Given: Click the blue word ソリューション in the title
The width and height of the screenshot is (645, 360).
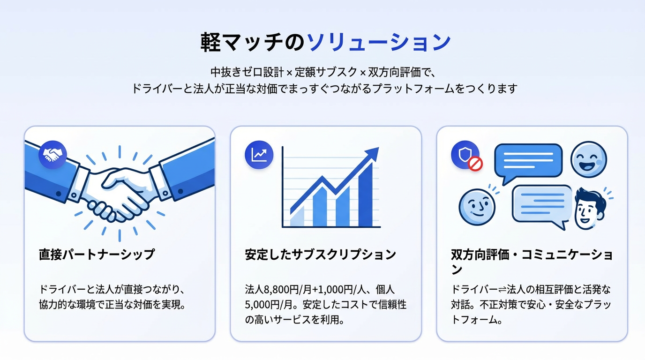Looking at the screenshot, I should click(379, 42).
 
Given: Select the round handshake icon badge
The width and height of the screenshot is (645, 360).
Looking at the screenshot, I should click(52, 155).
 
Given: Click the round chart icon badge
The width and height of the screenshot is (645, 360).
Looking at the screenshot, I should click(259, 155).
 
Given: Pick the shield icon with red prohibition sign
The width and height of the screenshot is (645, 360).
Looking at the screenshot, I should click(466, 156).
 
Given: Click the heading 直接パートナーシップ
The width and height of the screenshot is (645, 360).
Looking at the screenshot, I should click(97, 255).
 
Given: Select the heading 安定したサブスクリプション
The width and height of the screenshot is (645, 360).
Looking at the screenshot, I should click(320, 255).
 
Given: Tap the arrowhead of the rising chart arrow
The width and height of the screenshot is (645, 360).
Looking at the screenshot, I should click(373, 154).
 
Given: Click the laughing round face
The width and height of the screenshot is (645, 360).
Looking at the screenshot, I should click(589, 159).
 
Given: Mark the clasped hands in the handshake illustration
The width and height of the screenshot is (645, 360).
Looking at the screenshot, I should click(117, 195).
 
